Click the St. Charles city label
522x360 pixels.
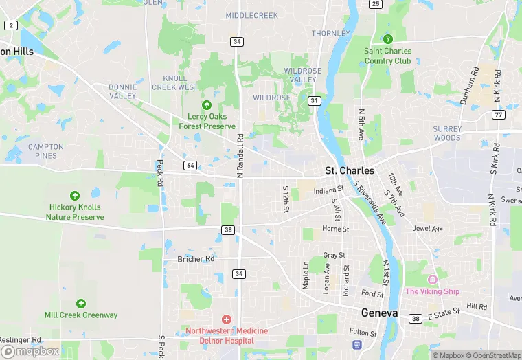(x=350, y=170)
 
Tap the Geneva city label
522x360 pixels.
(x=379, y=313)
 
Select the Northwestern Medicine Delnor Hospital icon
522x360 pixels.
(x=227, y=319)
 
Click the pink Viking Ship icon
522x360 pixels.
(x=432, y=279)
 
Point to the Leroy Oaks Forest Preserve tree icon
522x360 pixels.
(x=207, y=105)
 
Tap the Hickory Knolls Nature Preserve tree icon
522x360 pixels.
(x=75, y=196)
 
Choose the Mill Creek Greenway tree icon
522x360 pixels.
(x=81, y=304)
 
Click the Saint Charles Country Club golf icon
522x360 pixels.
(x=388, y=39)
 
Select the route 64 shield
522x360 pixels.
(x=190, y=166)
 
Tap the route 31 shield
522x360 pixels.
(x=315, y=101)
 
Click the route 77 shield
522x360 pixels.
(x=498, y=115)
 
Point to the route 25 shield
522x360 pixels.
(x=375, y=4)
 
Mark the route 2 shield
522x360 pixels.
(x=10, y=25)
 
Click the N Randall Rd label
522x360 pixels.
(x=240, y=157)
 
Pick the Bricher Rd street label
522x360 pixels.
(x=196, y=259)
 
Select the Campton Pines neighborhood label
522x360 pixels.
(x=46, y=151)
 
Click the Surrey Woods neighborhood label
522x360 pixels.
(x=447, y=133)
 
